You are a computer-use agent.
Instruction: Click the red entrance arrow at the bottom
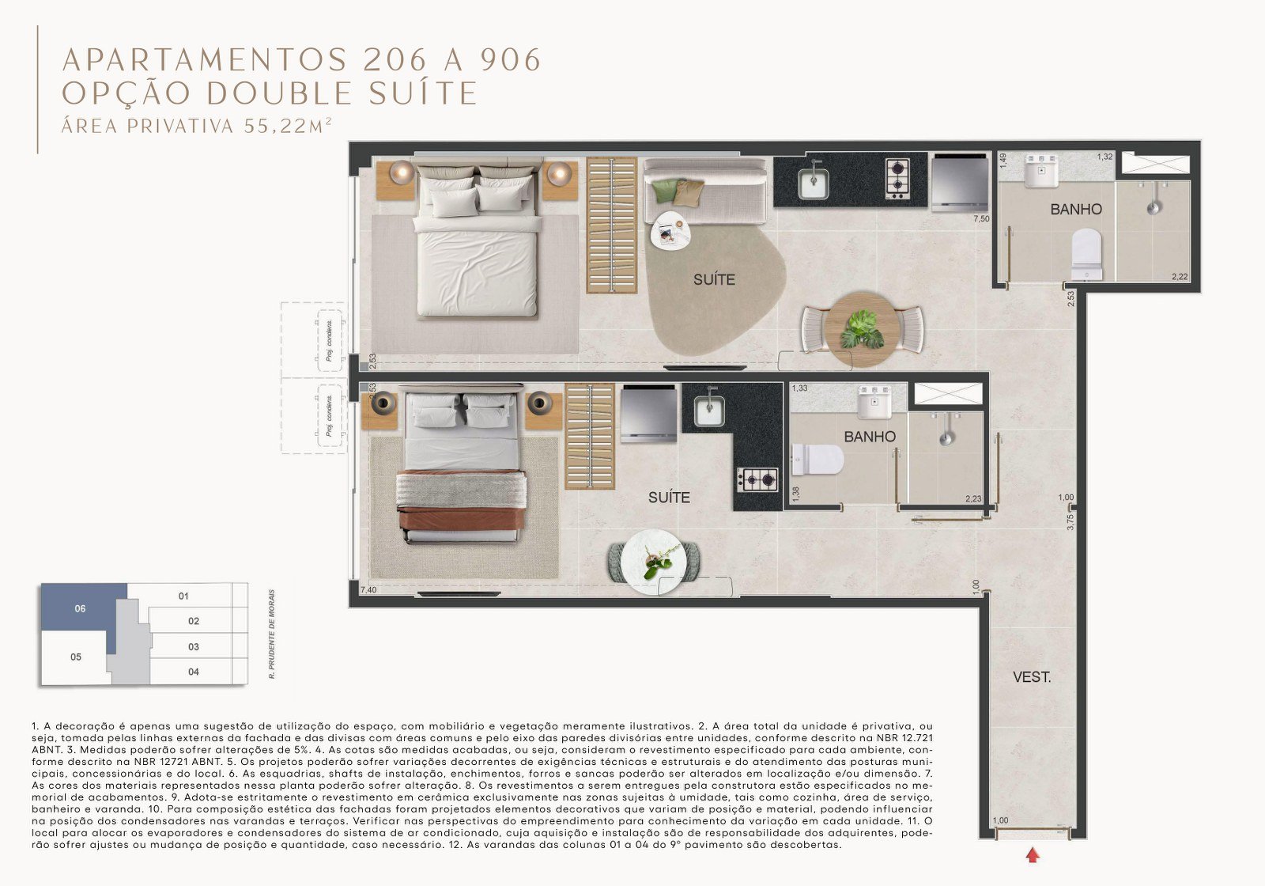coord(1033,854)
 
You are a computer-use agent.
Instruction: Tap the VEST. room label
coord(1032,677)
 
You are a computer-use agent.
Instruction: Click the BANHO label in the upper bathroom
coord(1076,210)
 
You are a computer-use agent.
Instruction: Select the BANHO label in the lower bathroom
coord(870,437)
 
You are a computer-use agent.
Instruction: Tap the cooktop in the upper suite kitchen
coord(897,179)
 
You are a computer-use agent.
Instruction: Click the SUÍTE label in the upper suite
coord(714,280)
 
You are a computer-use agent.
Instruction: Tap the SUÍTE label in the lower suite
coord(669,498)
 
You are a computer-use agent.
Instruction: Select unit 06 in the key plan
coord(80,608)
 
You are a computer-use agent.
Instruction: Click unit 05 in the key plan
coord(76,657)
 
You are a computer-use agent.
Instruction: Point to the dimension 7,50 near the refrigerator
coord(981,219)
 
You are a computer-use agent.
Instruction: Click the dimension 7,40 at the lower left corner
coord(368,590)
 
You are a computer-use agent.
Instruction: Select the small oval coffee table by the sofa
coord(670,232)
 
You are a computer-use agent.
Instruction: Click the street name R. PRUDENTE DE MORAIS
coord(272,634)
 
